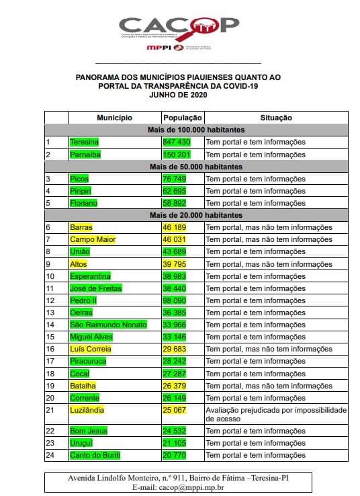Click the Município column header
114,118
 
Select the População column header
182,118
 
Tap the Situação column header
276,118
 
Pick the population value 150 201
177,155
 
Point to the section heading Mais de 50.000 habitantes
196,167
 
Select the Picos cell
79,179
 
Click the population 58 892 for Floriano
177,203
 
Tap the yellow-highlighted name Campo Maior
93,239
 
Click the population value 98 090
177,300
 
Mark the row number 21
50,409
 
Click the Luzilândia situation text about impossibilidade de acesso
275,414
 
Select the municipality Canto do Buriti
95,455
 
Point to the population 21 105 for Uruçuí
177,443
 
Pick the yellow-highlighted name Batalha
83,386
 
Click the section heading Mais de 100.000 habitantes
196,130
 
